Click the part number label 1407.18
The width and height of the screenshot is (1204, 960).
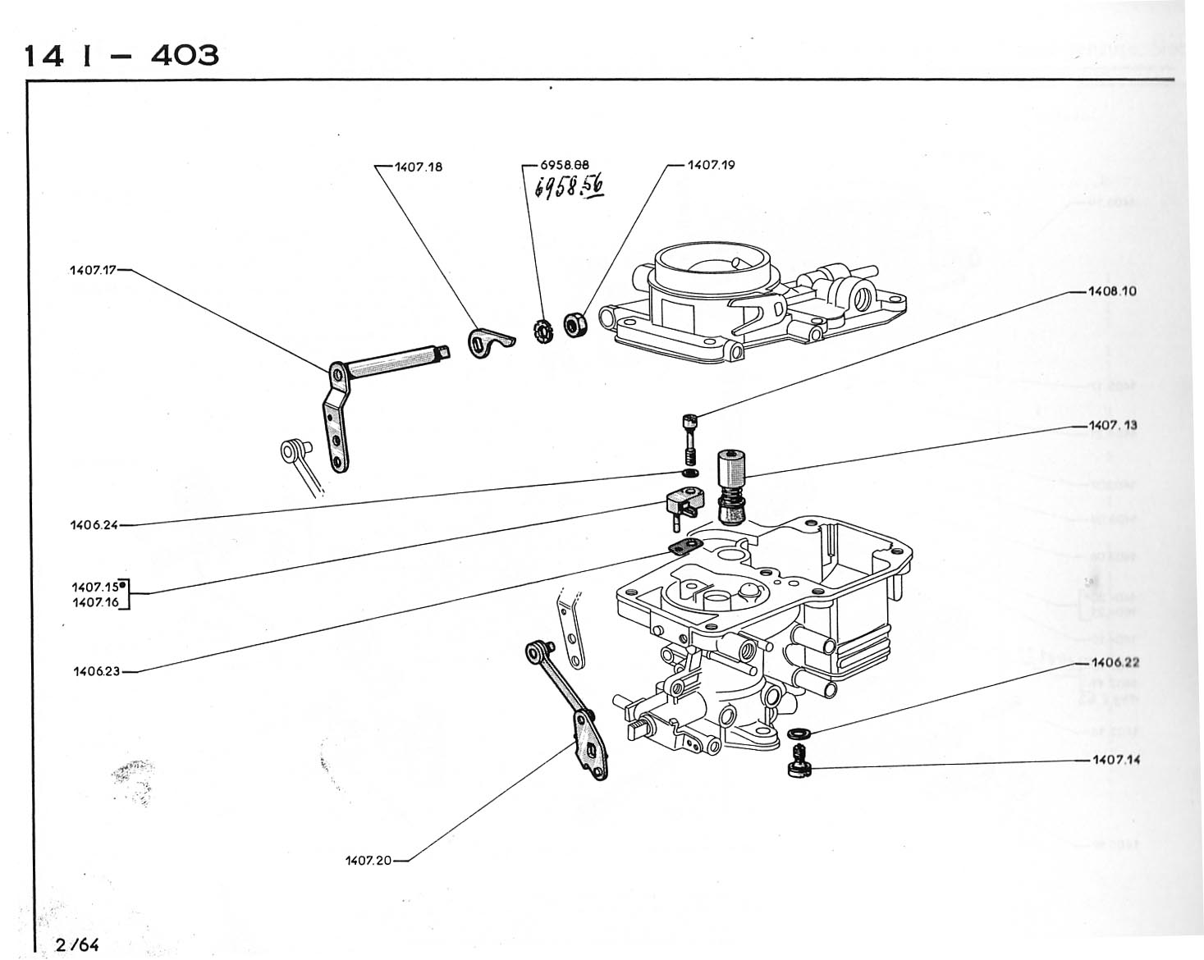[419, 167]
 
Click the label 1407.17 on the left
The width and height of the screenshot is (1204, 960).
[94, 268]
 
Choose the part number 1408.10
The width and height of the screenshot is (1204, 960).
[1112, 291]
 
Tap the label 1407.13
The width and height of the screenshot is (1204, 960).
[1113, 426]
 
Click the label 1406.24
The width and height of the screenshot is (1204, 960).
[94, 526]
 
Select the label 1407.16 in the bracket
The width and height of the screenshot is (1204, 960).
[95, 602]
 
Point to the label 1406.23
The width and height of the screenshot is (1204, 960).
[95, 671]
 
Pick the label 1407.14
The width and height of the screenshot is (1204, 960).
[1115, 760]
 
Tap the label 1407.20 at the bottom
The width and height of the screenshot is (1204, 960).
[369, 861]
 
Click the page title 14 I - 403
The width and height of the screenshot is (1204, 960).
[121, 55]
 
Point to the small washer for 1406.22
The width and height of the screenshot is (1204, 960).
[796, 732]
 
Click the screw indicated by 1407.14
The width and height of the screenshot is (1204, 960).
[795, 761]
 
